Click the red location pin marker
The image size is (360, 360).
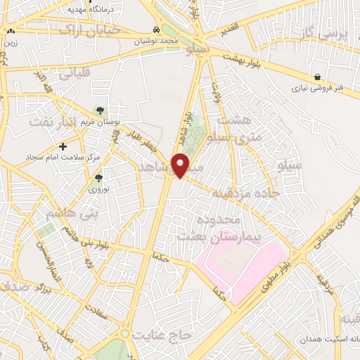click(x=182, y=165)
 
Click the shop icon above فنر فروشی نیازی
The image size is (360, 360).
click(x=318, y=77)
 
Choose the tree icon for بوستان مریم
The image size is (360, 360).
click(x=99, y=110)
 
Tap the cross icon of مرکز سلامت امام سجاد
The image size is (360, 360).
click(x=63, y=146)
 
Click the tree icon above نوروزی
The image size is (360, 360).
click(x=98, y=179)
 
